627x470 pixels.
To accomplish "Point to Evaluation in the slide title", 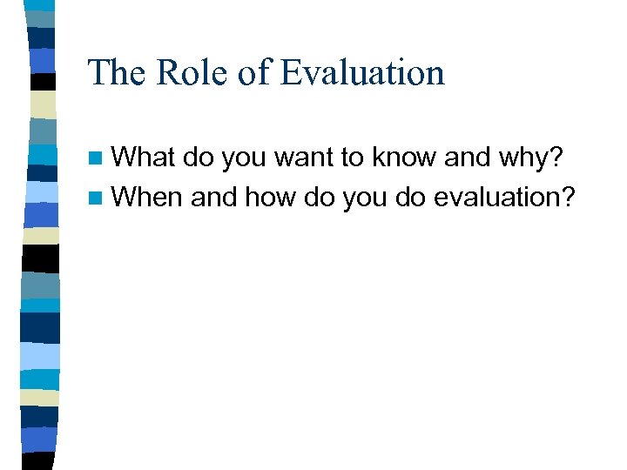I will pyautogui.click(x=362, y=72).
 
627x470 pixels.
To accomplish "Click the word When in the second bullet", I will pyautogui.click(x=147, y=198).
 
